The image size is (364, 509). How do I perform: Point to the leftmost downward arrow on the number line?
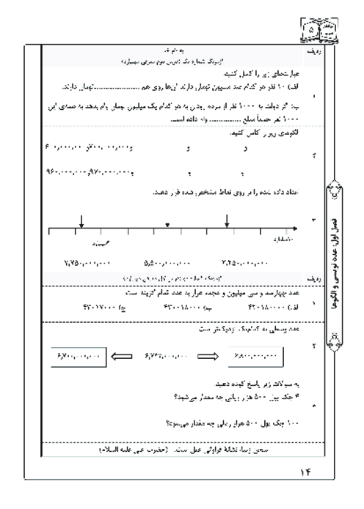click(x=81, y=221)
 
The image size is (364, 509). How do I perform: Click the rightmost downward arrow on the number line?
click(x=227, y=221)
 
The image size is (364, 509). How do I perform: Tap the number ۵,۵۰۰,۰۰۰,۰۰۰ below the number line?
click(x=160, y=261)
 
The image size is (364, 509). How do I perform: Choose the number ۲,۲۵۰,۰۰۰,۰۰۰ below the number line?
click(x=244, y=261)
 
